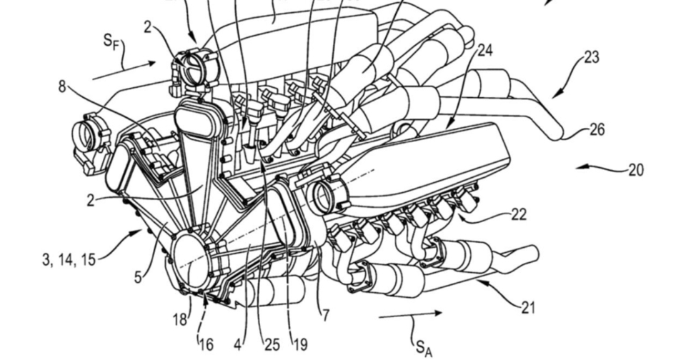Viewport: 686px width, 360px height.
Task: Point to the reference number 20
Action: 635,170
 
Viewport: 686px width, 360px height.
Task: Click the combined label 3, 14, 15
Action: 69,258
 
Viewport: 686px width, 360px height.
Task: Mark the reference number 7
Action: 326,315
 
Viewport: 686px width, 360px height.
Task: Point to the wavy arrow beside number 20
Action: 598,168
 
